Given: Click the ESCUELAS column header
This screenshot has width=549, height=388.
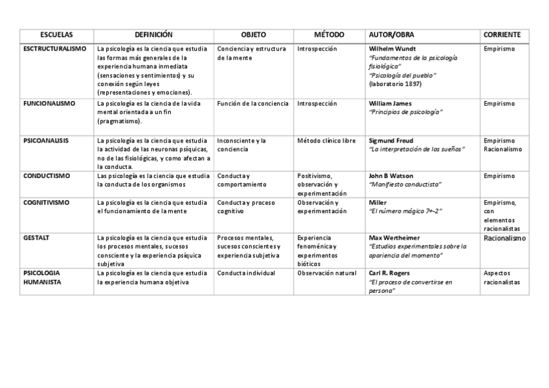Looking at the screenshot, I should click(56, 35).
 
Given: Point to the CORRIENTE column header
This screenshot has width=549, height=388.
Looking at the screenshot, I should click(502, 35).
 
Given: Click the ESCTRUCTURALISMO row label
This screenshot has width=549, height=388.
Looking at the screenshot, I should click(54, 49).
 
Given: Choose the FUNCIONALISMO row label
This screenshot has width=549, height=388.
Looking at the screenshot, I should click(49, 103).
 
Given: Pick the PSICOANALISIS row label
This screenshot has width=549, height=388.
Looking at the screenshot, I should click(46, 140).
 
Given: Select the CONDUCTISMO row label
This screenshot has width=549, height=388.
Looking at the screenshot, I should click(47, 176).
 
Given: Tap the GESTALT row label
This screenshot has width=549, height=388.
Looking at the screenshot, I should click(36, 238).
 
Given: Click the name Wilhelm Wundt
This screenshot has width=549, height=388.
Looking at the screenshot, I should click(392, 49).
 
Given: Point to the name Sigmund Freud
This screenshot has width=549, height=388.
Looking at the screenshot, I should click(391, 140).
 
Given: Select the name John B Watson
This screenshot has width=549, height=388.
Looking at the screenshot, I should click(391, 176).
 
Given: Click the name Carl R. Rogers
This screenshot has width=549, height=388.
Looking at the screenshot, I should click(389, 273).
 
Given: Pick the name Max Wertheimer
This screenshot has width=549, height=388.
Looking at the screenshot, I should click(393, 238).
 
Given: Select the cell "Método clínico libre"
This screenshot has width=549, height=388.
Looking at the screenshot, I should click(327, 140).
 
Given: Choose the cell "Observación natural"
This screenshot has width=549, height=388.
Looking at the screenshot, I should click(327, 273).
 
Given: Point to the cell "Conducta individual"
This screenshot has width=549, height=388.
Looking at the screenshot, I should click(246, 273).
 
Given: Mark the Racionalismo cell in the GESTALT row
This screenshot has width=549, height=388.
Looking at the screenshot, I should click(504, 238).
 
